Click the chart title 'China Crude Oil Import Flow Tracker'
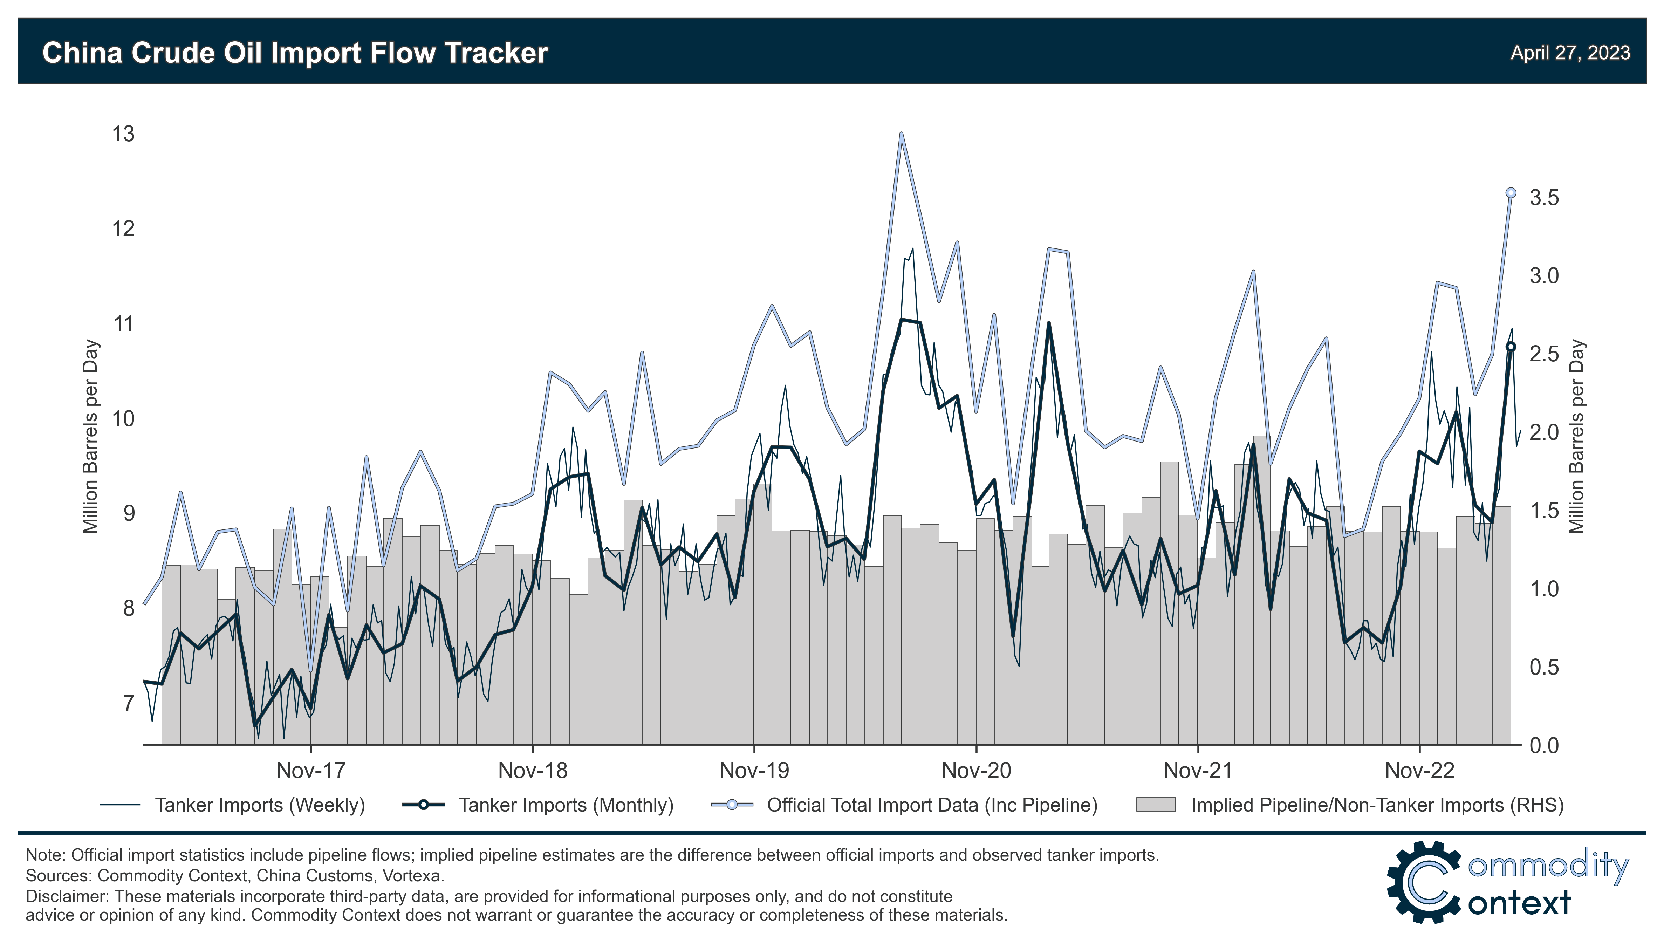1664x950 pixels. (x=295, y=53)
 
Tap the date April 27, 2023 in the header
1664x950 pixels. (x=1570, y=53)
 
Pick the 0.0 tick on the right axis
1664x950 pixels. (x=1544, y=745)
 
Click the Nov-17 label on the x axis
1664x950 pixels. (x=310, y=771)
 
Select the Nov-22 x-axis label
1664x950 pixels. (x=1419, y=771)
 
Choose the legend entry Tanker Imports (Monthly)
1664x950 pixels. (x=566, y=805)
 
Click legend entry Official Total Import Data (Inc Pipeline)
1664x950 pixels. (x=931, y=805)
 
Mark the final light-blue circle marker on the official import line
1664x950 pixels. (x=1511, y=192)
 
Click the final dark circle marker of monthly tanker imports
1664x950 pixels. (x=1511, y=347)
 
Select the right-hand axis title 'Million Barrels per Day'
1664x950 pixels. (x=1577, y=437)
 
